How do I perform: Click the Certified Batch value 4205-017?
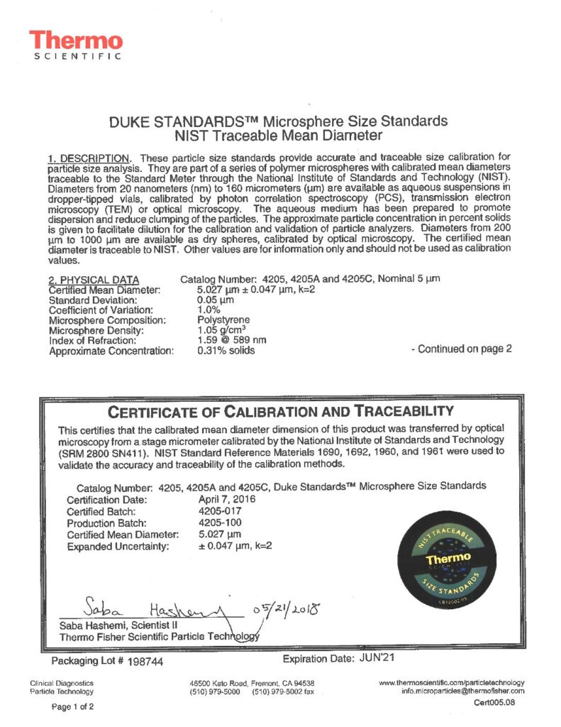[218, 511]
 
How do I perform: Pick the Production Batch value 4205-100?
[218, 523]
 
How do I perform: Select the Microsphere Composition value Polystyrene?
[220, 320]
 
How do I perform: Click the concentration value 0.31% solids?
[226, 351]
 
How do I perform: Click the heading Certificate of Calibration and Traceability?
[280, 412]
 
